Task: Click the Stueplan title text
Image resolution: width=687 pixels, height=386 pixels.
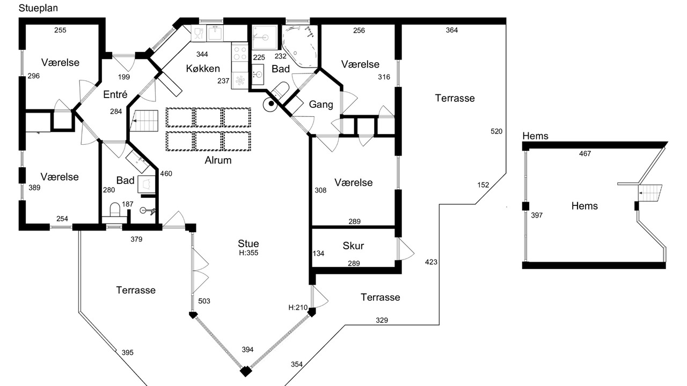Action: (x=38, y=8)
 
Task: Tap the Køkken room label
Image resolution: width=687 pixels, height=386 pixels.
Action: (x=203, y=68)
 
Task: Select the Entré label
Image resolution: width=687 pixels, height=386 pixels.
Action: (x=115, y=94)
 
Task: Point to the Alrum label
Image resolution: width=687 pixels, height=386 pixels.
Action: (x=218, y=160)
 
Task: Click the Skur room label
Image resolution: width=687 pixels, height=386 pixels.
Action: (x=353, y=246)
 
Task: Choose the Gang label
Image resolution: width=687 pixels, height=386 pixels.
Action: (x=321, y=105)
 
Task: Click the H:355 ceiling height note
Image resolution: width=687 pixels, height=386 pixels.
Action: (x=249, y=253)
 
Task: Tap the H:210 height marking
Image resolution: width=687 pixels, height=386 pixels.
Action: (x=298, y=307)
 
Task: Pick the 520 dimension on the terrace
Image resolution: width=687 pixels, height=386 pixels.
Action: (x=496, y=131)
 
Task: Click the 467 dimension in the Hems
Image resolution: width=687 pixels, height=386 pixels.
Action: (x=585, y=153)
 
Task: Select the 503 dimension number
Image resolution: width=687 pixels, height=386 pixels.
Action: (x=204, y=301)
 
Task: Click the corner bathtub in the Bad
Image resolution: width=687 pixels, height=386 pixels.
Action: (x=299, y=46)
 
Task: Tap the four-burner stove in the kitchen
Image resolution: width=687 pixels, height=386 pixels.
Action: (x=239, y=53)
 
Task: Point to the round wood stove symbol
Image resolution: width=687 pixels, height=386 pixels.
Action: (x=271, y=104)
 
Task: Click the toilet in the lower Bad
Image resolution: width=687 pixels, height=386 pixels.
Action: (x=115, y=209)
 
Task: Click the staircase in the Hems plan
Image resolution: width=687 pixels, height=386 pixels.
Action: (x=650, y=193)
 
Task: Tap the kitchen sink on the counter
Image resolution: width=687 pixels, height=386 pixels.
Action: (x=215, y=33)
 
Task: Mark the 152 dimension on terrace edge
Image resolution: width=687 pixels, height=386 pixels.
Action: (x=483, y=185)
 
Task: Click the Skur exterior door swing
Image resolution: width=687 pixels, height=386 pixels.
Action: (x=406, y=249)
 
